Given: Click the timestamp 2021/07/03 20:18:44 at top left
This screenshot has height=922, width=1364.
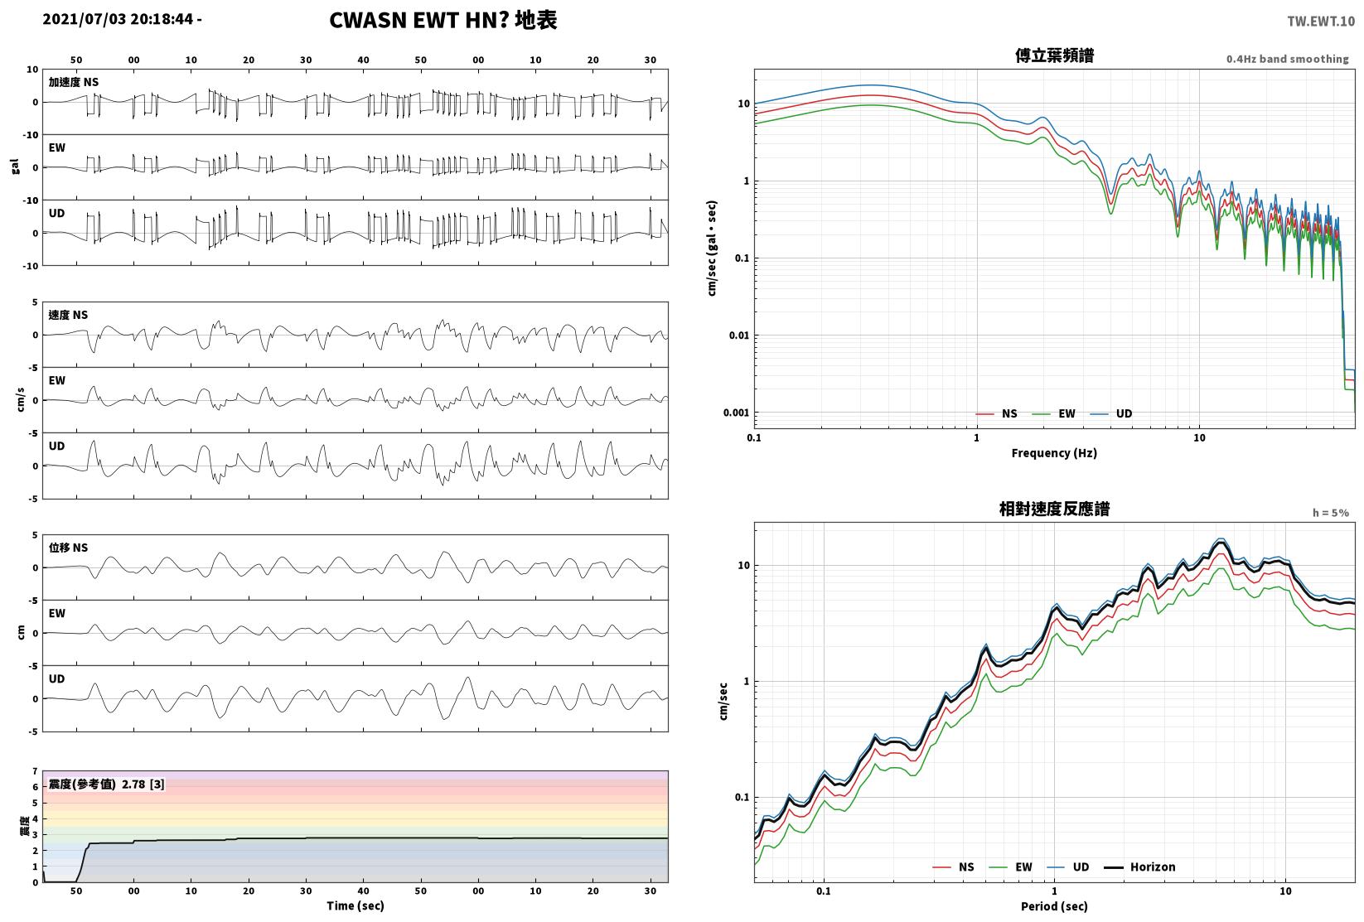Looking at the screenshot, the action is click(119, 19).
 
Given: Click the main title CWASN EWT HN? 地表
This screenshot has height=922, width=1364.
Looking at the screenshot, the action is click(443, 20).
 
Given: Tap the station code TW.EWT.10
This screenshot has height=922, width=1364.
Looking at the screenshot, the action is click(1321, 22).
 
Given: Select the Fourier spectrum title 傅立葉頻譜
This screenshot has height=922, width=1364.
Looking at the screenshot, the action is click(1054, 56).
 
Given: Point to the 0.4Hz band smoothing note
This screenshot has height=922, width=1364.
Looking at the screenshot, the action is click(1287, 59).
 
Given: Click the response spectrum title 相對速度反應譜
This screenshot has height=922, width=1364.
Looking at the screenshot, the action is click(1054, 509).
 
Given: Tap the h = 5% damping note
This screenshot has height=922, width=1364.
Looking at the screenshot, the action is click(1331, 513).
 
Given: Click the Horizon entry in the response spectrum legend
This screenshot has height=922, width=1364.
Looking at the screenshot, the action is click(1140, 866).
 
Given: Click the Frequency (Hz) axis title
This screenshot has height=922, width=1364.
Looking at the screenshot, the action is click(1054, 453).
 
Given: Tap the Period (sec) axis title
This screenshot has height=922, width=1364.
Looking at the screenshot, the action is click(1054, 906).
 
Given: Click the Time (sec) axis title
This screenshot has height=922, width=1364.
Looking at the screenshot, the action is click(356, 905).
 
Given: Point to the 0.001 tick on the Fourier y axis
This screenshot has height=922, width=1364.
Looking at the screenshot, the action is click(736, 413).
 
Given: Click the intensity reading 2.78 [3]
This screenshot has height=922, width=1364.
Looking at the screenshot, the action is click(143, 784).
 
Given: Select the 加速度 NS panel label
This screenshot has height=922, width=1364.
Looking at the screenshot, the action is click(74, 82).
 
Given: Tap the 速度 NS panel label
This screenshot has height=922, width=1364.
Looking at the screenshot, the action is click(68, 315).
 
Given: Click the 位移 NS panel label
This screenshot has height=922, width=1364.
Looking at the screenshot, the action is click(68, 547).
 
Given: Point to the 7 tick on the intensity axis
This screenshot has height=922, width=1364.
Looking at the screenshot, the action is click(36, 771).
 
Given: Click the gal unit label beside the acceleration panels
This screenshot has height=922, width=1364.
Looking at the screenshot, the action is click(15, 167).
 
